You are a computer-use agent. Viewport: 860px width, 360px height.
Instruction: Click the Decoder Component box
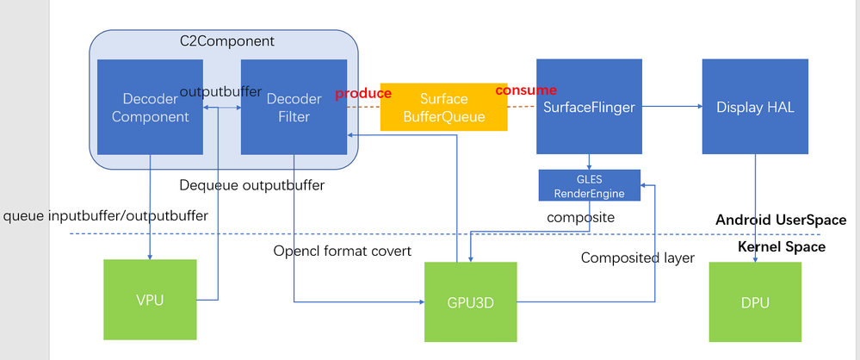(x=150, y=108)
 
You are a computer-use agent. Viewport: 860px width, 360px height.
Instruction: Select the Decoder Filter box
(x=294, y=108)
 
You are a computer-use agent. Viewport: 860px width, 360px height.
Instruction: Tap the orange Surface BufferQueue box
(x=443, y=107)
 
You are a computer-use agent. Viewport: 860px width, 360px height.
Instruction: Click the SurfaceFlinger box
(x=589, y=107)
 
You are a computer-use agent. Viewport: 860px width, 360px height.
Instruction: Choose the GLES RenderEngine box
(x=589, y=185)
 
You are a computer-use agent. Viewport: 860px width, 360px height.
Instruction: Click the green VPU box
(x=150, y=300)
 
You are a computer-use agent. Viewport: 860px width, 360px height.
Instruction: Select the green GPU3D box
(x=471, y=301)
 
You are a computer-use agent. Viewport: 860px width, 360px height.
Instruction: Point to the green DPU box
(x=754, y=301)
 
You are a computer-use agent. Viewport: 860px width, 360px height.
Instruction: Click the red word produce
(x=357, y=92)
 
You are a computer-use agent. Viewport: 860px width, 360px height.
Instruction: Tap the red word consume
(x=525, y=90)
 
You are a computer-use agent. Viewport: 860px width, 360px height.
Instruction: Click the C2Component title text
(x=226, y=40)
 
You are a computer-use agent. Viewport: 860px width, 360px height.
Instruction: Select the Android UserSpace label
(x=781, y=220)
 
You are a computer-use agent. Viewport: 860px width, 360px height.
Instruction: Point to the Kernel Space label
(x=782, y=247)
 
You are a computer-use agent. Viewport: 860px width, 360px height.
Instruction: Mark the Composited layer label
(x=637, y=258)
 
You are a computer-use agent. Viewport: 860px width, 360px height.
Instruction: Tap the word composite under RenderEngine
(x=581, y=218)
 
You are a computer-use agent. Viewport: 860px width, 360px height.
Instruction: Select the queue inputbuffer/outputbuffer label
(x=106, y=216)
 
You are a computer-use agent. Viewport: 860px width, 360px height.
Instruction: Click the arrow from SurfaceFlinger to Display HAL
(x=671, y=107)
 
